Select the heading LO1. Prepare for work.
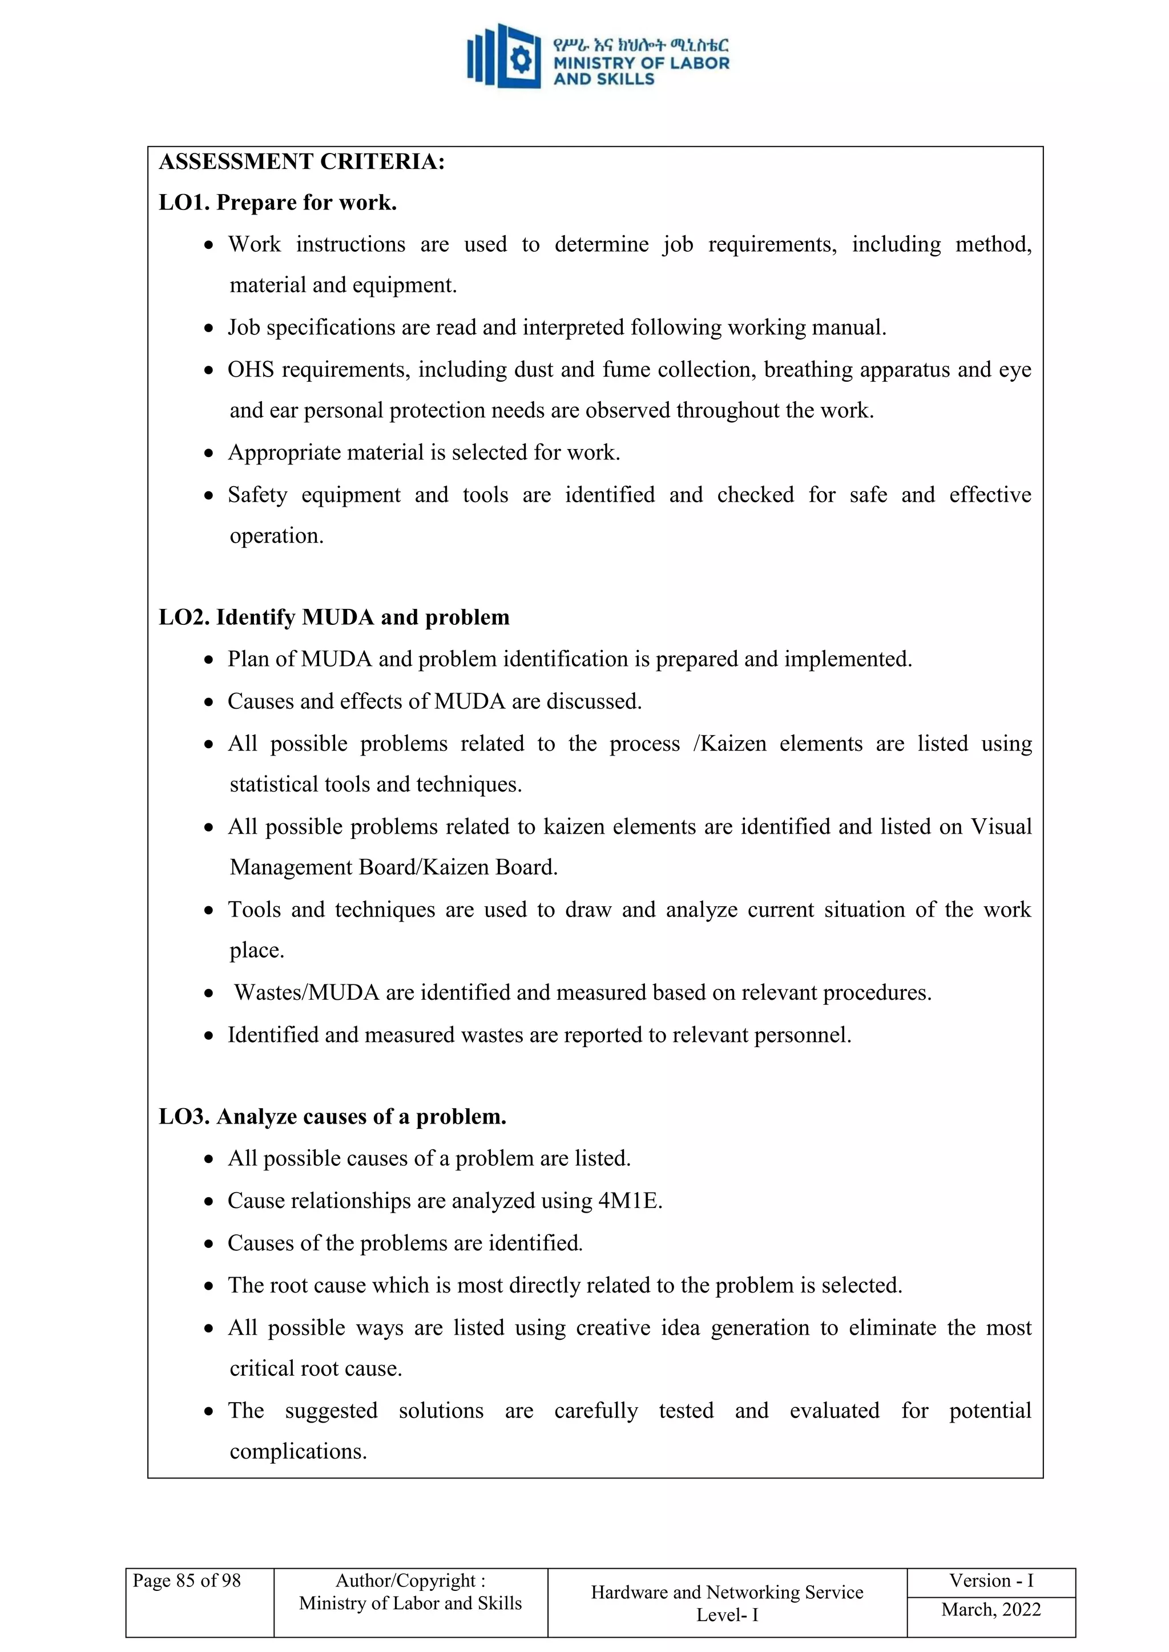(x=277, y=203)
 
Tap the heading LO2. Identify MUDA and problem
(x=334, y=617)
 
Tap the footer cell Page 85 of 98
(x=187, y=1581)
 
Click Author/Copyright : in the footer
(x=410, y=1581)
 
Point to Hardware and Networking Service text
(x=727, y=1592)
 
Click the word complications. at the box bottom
(x=298, y=1452)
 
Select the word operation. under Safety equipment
(x=276, y=536)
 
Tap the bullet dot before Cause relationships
(x=209, y=1202)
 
